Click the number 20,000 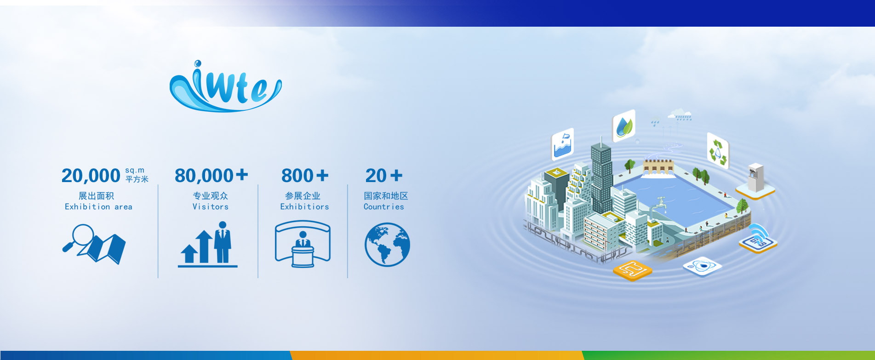click(x=91, y=176)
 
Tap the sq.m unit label click(x=135, y=171)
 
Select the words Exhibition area click(x=98, y=207)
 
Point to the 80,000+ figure click(x=212, y=176)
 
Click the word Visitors click(x=211, y=207)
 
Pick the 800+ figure click(x=305, y=176)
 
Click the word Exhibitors click(x=305, y=207)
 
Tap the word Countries click(x=384, y=207)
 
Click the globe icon click(x=387, y=245)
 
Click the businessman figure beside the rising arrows click(x=223, y=242)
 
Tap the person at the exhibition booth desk click(x=303, y=240)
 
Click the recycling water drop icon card click(x=717, y=150)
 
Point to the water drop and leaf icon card click(x=624, y=126)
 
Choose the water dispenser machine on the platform click(x=755, y=177)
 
